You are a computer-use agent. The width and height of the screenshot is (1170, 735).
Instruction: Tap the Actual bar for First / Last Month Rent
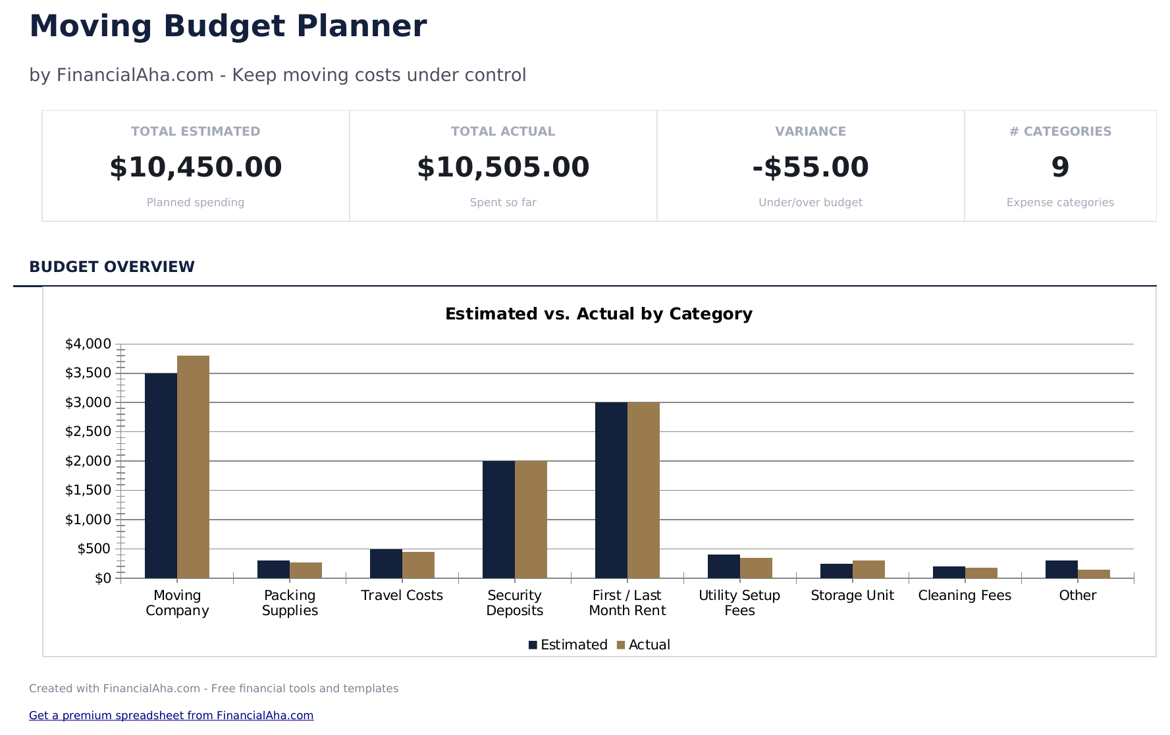pyautogui.click(x=643, y=490)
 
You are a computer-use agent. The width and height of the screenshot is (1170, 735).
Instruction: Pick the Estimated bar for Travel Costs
pyautogui.click(x=386, y=564)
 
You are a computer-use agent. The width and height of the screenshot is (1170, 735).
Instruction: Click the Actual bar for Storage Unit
pyautogui.click(x=868, y=570)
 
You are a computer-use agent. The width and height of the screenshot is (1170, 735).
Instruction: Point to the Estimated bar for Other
pyautogui.click(x=1061, y=570)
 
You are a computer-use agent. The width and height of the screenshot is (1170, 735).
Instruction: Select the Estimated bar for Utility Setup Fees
pyautogui.click(x=724, y=566)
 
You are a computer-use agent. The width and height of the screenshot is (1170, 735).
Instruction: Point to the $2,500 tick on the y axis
pyautogui.click(x=88, y=431)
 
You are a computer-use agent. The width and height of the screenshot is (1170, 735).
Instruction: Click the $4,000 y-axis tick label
pyautogui.click(x=88, y=344)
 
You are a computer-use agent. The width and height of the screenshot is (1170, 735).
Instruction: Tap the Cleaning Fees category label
pyautogui.click(x=965, y=595)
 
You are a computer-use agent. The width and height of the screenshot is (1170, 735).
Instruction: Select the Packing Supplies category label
pyautogui.click(x=290, y=603)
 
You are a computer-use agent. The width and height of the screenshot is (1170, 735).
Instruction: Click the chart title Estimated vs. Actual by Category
pyautogui.click(x=598, y=313)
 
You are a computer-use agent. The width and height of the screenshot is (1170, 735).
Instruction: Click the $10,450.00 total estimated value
pyautogui.click(x=196, y=167)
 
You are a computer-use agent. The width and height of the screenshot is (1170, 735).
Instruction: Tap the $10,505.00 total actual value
pyautogui.click(x=503, y=167)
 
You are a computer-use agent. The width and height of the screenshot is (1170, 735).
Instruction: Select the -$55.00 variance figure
pyautogui.click(x=811, y=167)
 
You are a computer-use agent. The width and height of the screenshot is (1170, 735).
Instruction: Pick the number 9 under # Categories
pyautogui.click(x=1060, y=167)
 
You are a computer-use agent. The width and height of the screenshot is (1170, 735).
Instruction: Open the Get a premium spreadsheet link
pyautogui.click(x=171, y=715)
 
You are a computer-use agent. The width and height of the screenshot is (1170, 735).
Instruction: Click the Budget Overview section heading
pyautogui.click(x=112, y=267)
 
